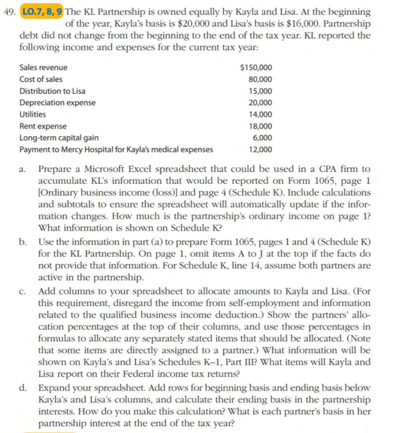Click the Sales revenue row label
(43, 68)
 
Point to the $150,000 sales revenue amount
(256, 68)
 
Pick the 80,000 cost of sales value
(261, 79)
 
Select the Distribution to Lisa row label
(52, 91)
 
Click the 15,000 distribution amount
(261, 91)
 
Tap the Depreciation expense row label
(58, 103)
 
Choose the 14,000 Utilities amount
(261, 115)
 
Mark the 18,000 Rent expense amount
(261, 126)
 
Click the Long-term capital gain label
(59, 138)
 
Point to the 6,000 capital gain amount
(263, 138)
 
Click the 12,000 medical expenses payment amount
(261, 150)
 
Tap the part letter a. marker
(23, 170)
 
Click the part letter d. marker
(23, 388)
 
